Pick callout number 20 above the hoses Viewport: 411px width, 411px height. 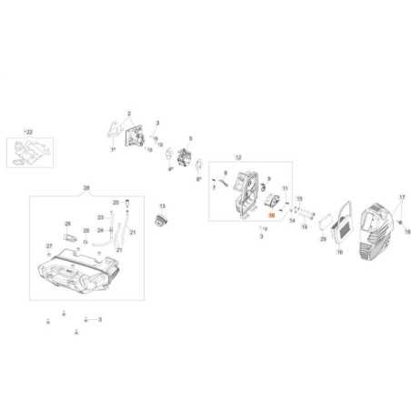[115, 203]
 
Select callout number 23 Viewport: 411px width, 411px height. [100, 218]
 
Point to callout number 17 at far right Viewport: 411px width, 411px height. [401, 196]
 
